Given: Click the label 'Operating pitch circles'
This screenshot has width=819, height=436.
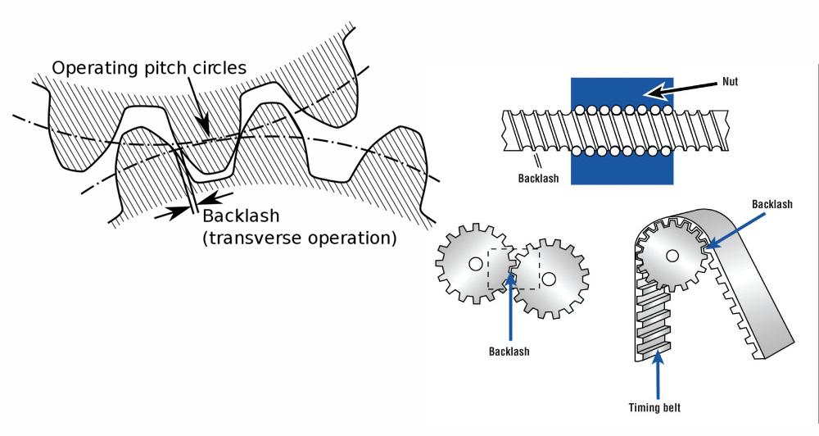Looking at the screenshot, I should (148, 68).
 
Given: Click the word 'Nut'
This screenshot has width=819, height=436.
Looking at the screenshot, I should (731, 82).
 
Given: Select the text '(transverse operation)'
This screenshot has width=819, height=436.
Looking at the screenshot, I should (299, 238).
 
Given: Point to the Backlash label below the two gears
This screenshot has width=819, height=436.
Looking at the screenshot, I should (509, 351).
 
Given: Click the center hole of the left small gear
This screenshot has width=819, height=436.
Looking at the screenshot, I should (475, 264).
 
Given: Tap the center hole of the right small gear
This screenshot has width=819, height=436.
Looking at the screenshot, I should (549, 279).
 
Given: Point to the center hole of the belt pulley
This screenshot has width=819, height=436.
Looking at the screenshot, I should (672, 256).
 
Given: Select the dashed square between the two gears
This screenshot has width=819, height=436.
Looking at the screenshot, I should (514, 269).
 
